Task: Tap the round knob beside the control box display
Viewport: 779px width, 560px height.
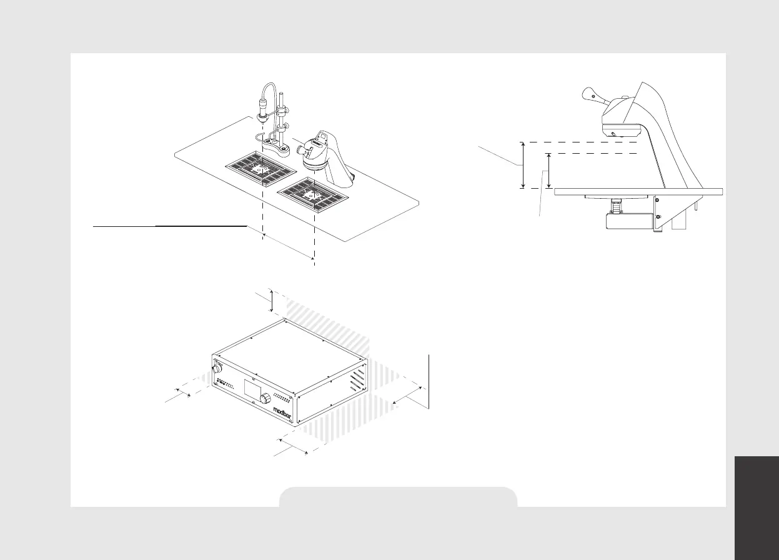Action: click(x=266, y=397)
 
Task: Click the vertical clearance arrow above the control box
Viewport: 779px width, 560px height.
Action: click(x=272, y=300)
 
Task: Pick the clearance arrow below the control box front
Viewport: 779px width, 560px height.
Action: click(x=292, y=446)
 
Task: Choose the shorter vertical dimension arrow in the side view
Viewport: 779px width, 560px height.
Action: click(x=548, y=171)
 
